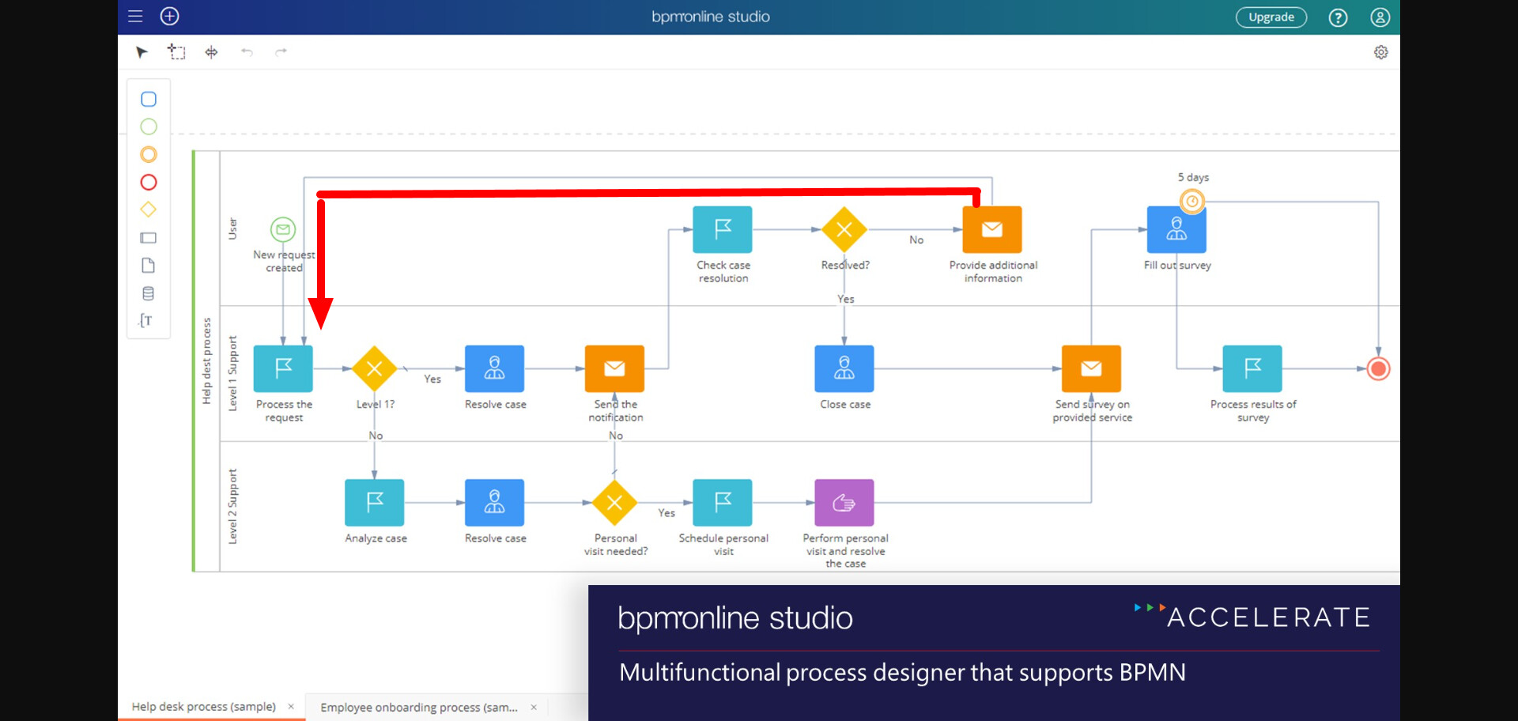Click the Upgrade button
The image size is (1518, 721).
pos(1271,17)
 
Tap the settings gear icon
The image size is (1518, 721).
pos(1380,52)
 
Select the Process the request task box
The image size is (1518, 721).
pos(283,368)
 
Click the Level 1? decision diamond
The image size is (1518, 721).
pos(375,368)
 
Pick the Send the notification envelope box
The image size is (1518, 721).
pos(614,368)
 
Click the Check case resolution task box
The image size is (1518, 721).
pos(722,229)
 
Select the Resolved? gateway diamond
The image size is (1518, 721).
pos(844,229)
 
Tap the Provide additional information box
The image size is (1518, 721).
pos(992,229)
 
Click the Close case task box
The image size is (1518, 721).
pos(844,368)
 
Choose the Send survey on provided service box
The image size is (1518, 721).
pos(1091,368)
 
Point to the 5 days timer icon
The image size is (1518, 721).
pos(1192,201)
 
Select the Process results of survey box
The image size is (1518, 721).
pos(1252,368)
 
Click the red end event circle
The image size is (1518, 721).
pos(1378,368)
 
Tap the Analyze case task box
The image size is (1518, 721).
pos(375,503)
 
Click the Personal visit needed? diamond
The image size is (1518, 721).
pos(614,503)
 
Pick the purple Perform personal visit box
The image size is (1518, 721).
pos(844,503)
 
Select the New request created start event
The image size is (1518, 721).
pos(283,229)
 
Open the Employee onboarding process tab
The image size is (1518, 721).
pos(419,707)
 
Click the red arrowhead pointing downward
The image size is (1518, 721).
pos(320,313)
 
